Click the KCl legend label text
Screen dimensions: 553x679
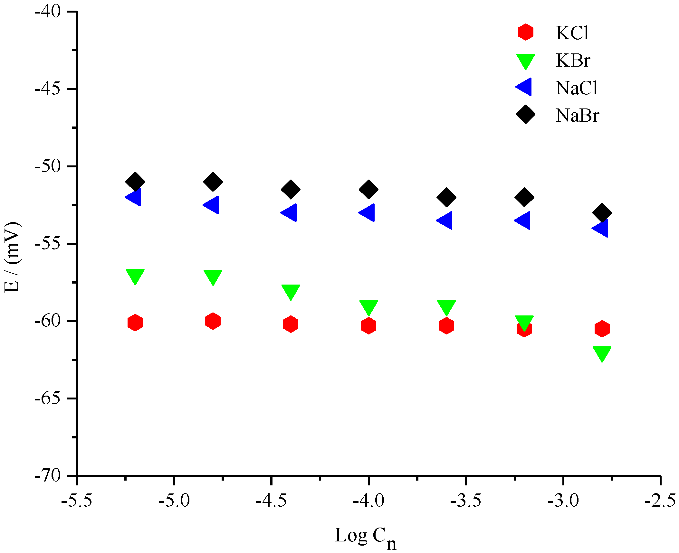pos(572,33)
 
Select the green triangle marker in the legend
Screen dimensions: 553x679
pos(525,61)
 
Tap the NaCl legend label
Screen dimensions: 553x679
pos(577,88)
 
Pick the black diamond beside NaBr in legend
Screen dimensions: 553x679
pos(525,114)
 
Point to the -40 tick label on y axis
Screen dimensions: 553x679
pos(47,12)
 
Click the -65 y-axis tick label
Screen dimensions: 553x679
pos(47,398)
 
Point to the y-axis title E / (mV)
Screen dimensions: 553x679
pos(12,257)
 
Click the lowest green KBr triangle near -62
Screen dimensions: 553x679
pos(602,353)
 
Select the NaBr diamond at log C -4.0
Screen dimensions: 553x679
pos(368,189)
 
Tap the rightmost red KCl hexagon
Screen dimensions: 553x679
pos(602,329)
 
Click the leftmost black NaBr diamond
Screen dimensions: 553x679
pos(135,182)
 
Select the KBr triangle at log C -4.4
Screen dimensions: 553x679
pos(291,291)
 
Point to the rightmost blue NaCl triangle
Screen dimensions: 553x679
pos(601,228)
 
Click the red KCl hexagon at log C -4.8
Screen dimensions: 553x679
pos(213,321)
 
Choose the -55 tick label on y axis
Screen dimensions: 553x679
pos(47,244)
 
